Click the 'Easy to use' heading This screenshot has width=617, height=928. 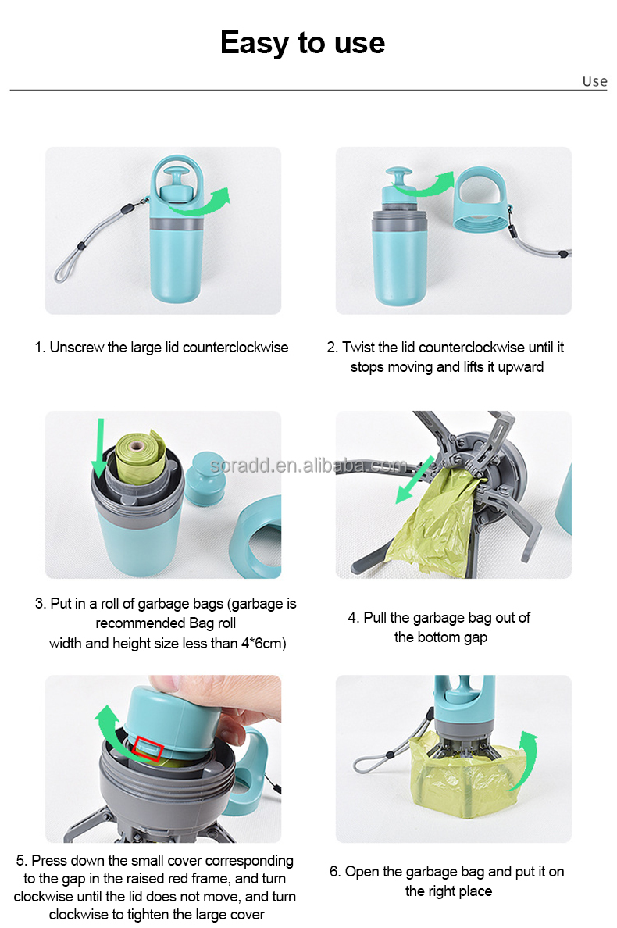tap(302, 42)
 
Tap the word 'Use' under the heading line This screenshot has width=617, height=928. tap(594, 81)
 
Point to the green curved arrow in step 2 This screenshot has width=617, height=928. tap(426, 184)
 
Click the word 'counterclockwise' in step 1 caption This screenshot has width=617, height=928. tap(235, 348)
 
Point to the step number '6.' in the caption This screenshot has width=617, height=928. tap(335, 871)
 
